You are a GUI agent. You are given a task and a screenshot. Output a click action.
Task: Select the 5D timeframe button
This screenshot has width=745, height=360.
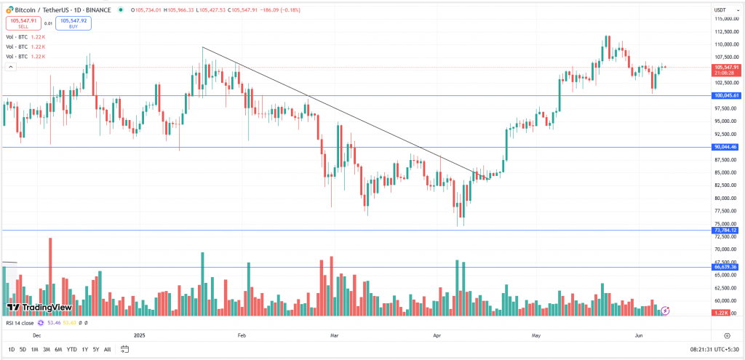tap(23, 349)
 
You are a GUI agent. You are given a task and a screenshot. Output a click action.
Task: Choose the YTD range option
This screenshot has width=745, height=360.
tap(72, 349)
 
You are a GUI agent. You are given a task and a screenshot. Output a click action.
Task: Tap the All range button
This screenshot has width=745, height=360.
tap(108, 349)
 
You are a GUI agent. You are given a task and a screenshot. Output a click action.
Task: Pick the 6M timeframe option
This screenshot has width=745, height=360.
tap(58, 349)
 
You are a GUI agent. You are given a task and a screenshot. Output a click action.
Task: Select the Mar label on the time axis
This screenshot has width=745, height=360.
tap(335, 336)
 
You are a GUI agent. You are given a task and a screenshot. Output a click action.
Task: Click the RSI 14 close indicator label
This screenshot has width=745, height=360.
tap(21, 322)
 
